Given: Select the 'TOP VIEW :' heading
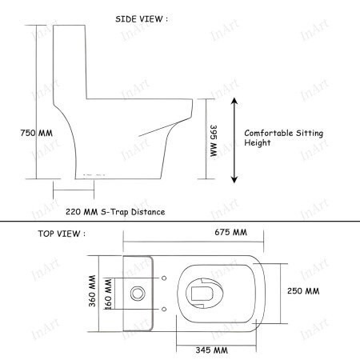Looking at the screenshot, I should tap(58, 234).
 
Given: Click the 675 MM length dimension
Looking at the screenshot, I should tap(232, 232).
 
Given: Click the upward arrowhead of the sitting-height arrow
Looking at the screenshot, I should tap(234, 102).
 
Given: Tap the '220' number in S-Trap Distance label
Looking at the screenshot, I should tap(74, 212).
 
